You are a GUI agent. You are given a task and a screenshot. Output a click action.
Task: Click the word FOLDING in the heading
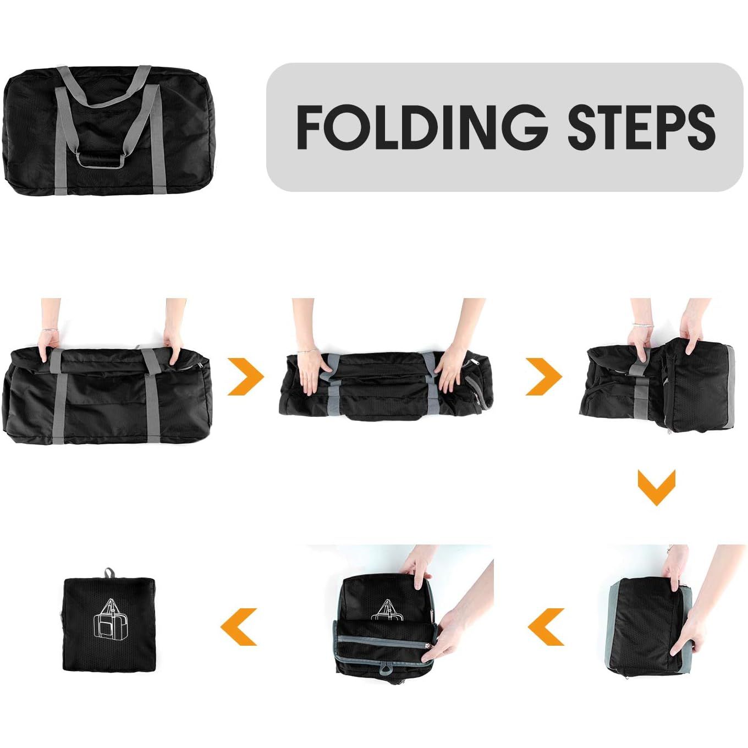(x=421, y=127)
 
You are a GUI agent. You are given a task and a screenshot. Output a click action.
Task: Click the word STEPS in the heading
(x=641, y=127)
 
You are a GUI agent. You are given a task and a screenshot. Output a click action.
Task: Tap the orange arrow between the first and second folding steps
(x=246, y=377)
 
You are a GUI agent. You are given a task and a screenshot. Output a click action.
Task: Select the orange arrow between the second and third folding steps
(x=544, y=377)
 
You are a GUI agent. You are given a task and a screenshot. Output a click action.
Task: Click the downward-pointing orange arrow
(x=656, y=487)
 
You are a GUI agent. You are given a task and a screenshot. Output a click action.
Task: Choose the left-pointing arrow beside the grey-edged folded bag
(x=546, y=627)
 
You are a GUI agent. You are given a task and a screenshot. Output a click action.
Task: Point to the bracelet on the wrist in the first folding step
(x=50, y=330)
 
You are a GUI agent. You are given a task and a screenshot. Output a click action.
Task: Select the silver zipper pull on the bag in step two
(x=475, y=364)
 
